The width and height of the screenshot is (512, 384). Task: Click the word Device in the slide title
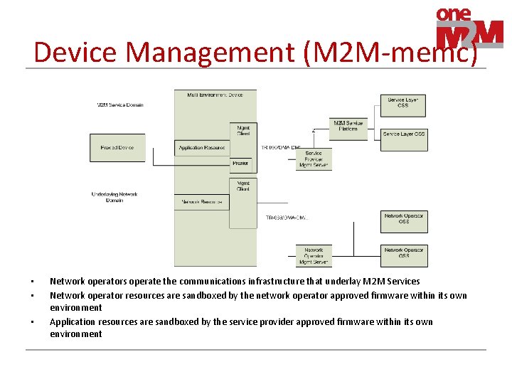[74, 53]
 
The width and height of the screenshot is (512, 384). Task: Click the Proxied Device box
[117, 148]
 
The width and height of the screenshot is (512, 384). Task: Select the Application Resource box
[202, 148]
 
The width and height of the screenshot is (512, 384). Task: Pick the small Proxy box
[241, 164]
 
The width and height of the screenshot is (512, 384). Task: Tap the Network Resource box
[202, 202]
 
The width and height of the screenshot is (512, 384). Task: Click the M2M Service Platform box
[348, 126]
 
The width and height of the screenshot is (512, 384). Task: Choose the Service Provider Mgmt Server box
[314, 159]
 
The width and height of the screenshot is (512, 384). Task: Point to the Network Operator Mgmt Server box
[314, 256]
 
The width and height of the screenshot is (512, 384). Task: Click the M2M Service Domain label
[120, 105]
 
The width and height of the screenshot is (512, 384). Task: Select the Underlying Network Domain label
[114, 197]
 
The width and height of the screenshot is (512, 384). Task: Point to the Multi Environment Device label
[215, 95]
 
